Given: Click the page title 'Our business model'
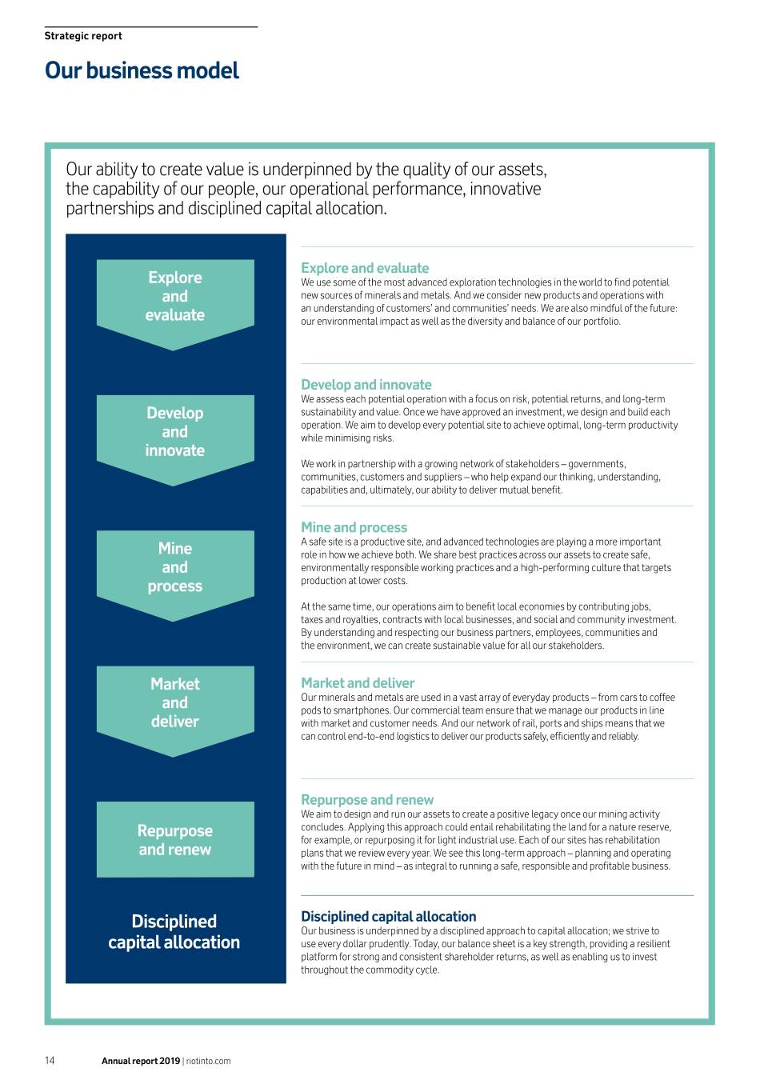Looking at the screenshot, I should point(142,71).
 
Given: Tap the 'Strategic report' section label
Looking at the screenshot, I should point(83,36).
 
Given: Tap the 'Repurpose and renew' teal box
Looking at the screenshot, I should point(175,840).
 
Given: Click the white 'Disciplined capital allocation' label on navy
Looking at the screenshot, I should point(174,932).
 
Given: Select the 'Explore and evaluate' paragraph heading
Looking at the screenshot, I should point(365,268).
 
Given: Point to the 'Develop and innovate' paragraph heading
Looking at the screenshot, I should point(366,385).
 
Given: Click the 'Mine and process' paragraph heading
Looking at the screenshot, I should point(354,527).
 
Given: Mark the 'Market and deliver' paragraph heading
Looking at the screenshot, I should point(358,683).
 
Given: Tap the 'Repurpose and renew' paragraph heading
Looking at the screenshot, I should point(367,800).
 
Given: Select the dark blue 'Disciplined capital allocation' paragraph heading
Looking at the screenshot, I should point(389,917).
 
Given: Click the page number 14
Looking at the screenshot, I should point(50,1061).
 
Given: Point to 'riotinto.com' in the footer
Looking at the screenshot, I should point(209,1062).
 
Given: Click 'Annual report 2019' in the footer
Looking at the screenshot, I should point(141,1062).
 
